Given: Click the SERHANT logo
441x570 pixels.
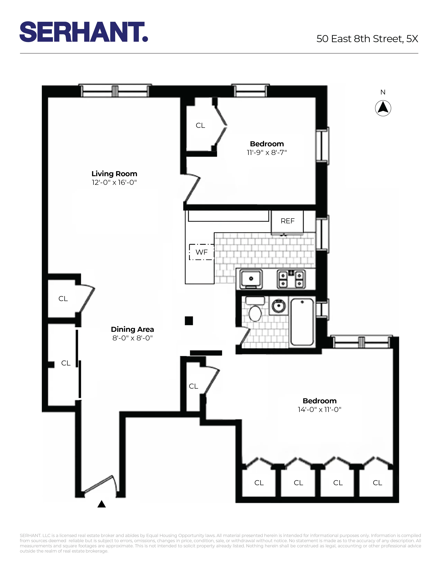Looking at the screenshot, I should [84, 32].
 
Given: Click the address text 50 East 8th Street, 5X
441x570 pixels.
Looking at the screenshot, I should [367, 39].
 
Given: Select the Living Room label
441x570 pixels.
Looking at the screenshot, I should [114, 174].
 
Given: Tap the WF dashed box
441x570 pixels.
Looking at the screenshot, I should [201, 252].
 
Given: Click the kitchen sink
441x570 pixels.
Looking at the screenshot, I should [251, 279].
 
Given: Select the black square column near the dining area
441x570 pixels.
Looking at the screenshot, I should [189, 321].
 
